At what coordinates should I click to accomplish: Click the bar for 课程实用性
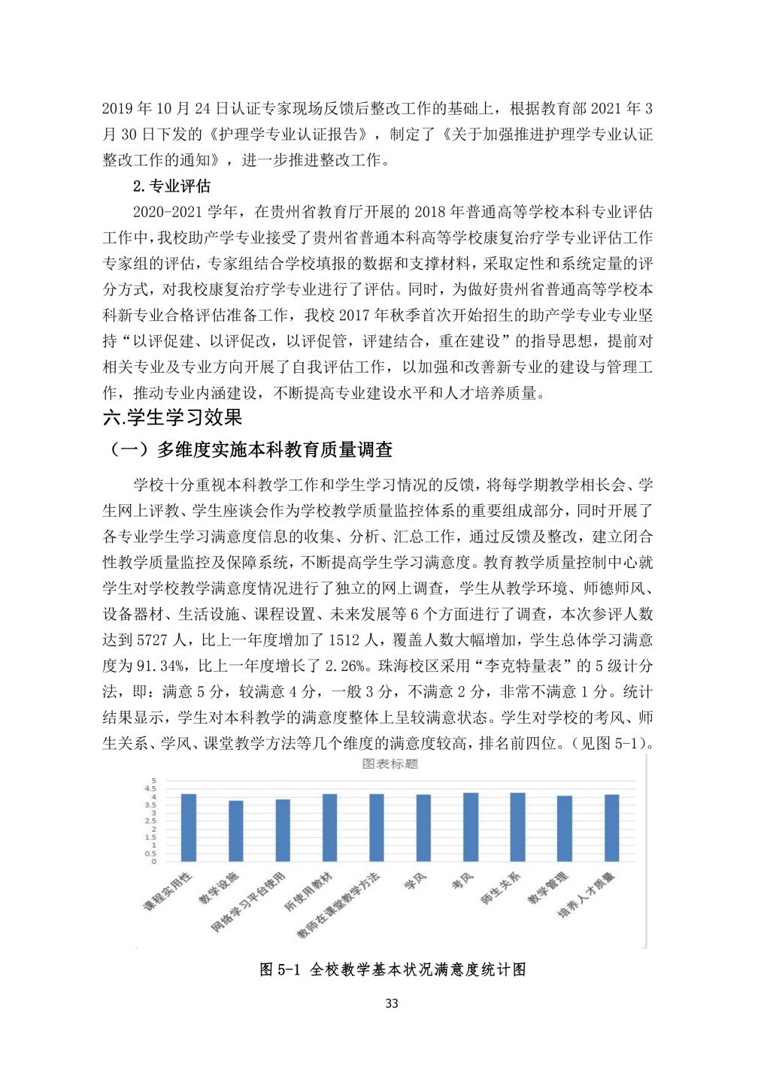tap(189, 827)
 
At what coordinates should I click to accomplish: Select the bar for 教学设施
tap(235, 831)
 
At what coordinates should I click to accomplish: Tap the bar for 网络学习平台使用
tap(283, 830)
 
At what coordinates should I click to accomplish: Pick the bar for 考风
tap(471, 827)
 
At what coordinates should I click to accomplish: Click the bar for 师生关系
tap(517, 827)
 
